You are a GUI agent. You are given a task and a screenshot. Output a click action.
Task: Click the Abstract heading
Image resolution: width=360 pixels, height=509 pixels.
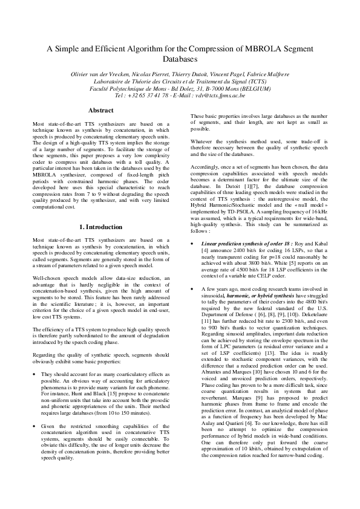101,111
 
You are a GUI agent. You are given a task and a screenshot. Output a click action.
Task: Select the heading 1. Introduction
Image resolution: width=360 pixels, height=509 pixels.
101,227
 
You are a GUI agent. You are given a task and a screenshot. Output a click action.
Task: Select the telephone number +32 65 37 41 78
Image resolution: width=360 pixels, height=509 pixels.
144,96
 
